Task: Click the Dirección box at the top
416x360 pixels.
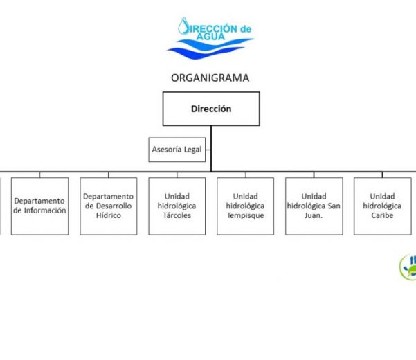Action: point(211,109)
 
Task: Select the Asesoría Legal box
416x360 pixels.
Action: point(178,150)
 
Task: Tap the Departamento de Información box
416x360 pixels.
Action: point(39,206)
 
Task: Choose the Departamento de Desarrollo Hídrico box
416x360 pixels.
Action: point(108,206)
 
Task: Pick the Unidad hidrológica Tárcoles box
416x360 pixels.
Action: point(177,206)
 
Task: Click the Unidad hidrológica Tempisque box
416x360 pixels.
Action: point(245,206)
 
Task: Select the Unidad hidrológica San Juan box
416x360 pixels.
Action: point(314,206)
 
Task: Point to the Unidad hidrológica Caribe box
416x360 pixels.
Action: point(382,206)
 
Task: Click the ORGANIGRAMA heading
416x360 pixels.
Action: point(210,78)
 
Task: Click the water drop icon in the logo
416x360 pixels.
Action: point(184,27)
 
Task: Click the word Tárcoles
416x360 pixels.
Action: point(177,215)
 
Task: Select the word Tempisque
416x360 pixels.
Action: point(245,215)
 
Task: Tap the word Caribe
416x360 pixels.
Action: point(382,215)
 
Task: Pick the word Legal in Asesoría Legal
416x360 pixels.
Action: point(192,150)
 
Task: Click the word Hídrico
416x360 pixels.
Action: point(108,215)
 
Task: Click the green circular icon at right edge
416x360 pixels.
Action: point(408,267)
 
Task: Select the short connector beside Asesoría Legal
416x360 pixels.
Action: point(208,150)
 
